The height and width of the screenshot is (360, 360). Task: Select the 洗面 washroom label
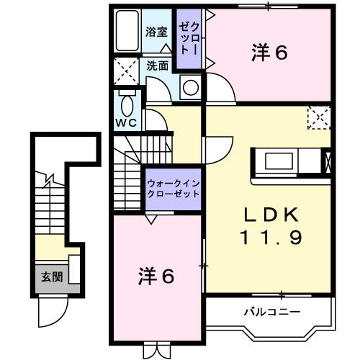158,65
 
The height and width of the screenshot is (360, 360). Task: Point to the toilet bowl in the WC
127,106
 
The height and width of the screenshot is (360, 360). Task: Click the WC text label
127,123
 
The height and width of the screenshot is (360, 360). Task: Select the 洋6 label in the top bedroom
269,53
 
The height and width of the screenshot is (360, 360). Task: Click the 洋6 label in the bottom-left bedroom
156,276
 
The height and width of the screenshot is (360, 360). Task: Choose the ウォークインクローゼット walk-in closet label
174,189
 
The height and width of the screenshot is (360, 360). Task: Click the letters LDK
269,215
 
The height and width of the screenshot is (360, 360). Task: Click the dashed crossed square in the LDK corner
318,117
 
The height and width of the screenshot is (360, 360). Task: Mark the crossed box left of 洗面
125,71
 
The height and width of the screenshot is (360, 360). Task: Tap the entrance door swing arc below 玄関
53,312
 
